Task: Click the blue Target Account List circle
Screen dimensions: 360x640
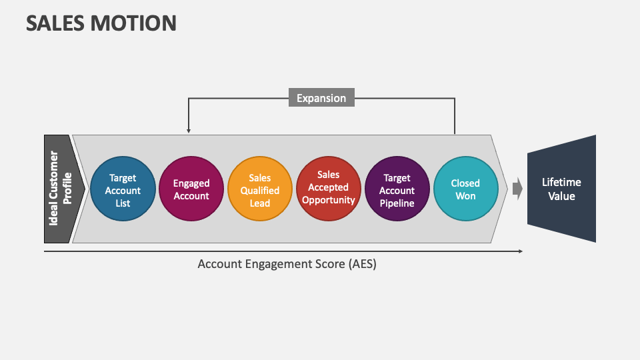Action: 123,189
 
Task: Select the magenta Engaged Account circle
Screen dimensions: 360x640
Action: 191,189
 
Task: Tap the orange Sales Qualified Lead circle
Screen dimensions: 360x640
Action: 260,189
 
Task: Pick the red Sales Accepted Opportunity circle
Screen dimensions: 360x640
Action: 328,189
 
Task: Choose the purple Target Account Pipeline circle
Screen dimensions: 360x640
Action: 397,189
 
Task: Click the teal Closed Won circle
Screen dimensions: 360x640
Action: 465,189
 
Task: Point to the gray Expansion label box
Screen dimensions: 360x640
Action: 321,98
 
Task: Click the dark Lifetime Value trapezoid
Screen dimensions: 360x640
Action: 561,189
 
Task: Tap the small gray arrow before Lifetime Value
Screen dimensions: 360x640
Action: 517,189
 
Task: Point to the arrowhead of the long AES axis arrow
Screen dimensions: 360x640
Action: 519,251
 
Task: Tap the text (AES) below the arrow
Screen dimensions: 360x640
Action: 361,264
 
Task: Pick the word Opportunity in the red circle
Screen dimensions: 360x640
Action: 328,200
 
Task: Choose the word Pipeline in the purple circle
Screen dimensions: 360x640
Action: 397,203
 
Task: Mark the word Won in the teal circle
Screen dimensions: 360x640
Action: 465,196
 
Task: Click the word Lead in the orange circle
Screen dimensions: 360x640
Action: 260,203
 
